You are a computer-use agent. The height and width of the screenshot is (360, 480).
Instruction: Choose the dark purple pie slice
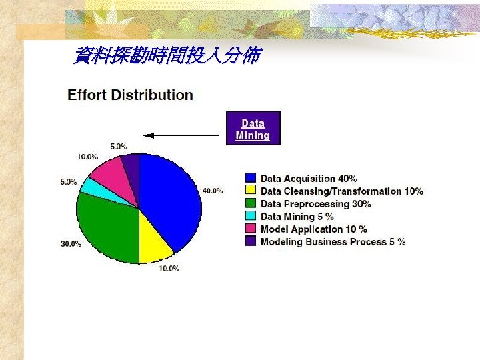coord(131,167)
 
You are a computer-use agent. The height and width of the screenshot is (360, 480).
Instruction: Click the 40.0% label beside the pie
coord(213,191)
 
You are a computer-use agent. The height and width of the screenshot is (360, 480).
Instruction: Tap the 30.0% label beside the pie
coord(71,244)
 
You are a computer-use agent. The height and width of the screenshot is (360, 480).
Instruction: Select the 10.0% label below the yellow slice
coord(169,269)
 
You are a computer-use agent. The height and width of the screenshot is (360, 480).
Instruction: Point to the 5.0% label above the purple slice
coord(119,146)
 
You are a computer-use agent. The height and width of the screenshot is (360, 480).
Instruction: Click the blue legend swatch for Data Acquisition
coord(251,178)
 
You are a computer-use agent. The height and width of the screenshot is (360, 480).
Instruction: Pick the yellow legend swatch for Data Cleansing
coord(251,191)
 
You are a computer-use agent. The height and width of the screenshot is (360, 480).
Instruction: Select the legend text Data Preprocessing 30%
coord(316,204)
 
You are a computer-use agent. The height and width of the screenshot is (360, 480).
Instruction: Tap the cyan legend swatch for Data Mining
coord(251,216)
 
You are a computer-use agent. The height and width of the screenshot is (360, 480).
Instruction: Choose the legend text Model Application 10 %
coord(314,229)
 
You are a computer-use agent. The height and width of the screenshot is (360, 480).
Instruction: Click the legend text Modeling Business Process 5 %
coord(333,242)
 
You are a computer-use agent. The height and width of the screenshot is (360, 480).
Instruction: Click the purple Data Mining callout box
coord(253,129)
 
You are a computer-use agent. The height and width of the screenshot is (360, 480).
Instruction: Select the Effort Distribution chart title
coord(131,95)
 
